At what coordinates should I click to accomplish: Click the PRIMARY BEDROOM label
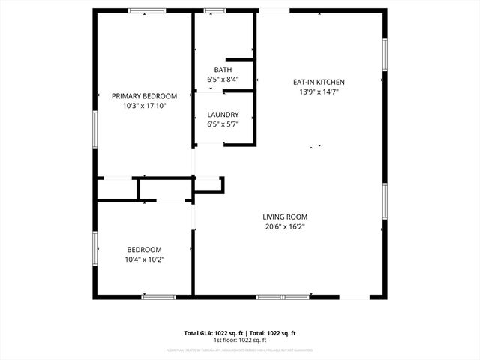[144, 96]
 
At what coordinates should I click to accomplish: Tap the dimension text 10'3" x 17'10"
[144, 106]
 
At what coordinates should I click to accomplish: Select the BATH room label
[223, 70]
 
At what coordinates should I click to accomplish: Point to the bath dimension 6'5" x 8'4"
[223, 79]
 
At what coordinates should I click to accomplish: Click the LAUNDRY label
[223, 115]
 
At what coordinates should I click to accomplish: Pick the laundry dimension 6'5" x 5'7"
[223, 124]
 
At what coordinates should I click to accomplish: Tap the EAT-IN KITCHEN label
[319, 82]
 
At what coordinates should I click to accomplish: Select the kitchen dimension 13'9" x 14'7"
[319, 91]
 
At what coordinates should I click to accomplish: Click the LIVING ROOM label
[286, 217]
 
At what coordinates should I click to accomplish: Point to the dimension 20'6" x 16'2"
[286, 226]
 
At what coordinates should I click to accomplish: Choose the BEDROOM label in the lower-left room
[143, 250]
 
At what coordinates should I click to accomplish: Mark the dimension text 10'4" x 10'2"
[143, 259]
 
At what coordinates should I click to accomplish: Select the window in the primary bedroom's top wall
[147, 10]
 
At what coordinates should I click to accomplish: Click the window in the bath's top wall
[215, 10]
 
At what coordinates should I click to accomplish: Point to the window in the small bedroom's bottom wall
[158, 297]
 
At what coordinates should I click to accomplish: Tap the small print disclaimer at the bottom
[240, 349]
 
